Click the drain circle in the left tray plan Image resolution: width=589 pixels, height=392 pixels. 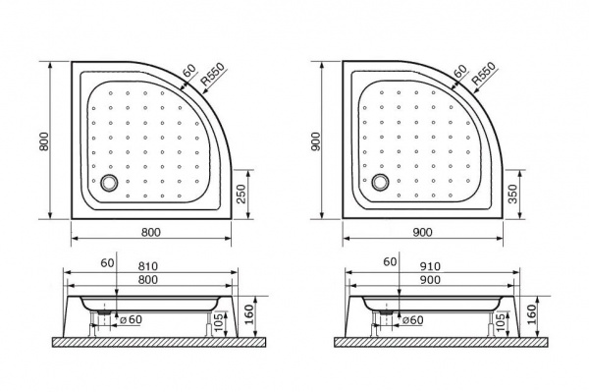point(109,183)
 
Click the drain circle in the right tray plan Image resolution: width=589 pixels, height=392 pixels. point(381,182)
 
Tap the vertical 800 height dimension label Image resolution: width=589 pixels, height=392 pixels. point(44,141)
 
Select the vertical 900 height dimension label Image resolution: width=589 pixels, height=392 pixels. point(315,141)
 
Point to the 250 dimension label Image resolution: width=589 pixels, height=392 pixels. point(241,194)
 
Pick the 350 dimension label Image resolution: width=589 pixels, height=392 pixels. point(512,194)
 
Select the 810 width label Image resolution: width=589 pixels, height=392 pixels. point(147,266)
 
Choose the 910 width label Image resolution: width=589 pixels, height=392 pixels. point(430,266)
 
